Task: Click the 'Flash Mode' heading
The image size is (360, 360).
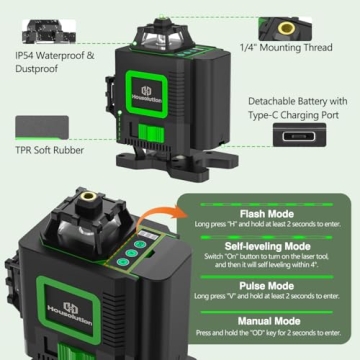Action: click(x=268, y=213)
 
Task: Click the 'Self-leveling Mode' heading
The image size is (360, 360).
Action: click(x=268, y=246)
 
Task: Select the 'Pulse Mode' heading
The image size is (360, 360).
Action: click(x=268, y=284)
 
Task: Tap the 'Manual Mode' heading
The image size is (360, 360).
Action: click(x=268, y=318)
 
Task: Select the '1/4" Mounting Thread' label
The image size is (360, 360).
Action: click(x=287, y=47)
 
